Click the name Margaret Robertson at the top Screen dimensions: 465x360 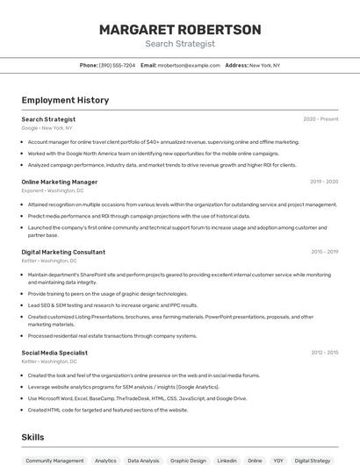point(179,30)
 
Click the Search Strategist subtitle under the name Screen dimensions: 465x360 point(179,44)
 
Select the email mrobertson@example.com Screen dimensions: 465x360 point(188,65)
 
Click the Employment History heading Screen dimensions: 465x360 point(65,100)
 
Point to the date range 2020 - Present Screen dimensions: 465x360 point(320,119)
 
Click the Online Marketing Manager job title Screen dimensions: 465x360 point(60,182)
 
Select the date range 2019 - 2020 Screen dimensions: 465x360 point(324,182)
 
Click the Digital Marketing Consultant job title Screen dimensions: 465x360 point(63,252)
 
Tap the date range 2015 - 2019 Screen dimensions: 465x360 point(324,252)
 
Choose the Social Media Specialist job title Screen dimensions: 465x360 point(54,353)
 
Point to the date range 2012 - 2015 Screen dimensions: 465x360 point(324,353)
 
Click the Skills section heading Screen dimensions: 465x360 point(33,436)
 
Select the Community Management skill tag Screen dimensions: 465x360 point(54,460)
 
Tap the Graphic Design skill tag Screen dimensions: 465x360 point(188,460)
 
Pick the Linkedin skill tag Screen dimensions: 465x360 point(227,460)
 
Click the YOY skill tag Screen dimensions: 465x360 point(278,460)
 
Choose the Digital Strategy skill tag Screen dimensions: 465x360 point(313,460)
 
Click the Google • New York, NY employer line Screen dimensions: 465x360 point(47,128)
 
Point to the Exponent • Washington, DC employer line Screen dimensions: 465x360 point(53,190)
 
